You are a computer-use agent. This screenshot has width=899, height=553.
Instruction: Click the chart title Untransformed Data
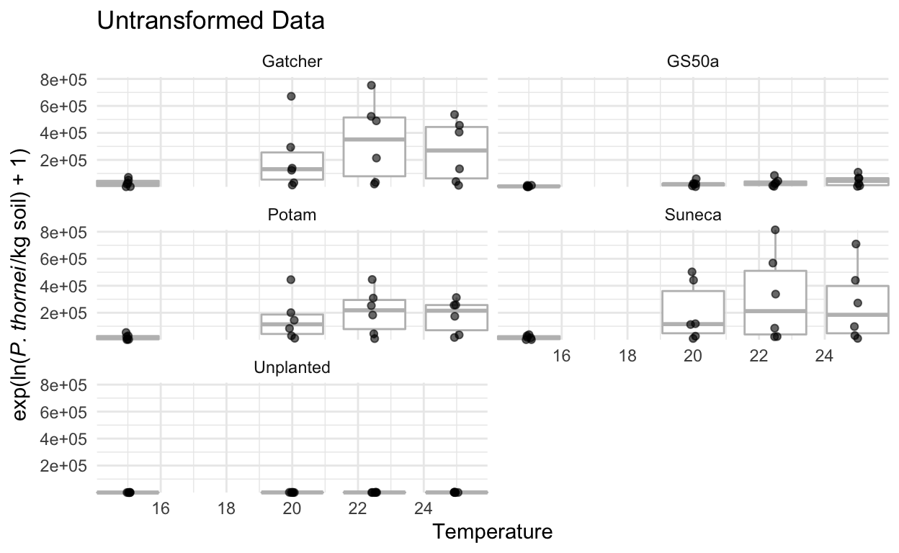(x=210, y=22)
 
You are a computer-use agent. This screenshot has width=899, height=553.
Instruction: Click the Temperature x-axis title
(x=493, y=532)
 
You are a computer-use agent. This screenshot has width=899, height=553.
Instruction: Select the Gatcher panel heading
(x=291, y=62)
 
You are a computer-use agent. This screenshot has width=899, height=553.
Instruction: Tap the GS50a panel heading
(x=693, y=62)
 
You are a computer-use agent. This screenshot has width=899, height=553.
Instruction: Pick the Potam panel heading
(x=291, y=215)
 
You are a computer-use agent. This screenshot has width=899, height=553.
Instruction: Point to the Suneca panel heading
(x=693, y=215)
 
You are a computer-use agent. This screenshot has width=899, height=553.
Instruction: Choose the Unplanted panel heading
(x=291, y=367)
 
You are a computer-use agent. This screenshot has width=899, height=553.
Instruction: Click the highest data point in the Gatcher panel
(x=372, y=86)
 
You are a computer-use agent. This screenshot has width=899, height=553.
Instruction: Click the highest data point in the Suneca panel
(x=775, y=230)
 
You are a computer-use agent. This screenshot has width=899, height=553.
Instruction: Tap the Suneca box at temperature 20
(x=693, y=312)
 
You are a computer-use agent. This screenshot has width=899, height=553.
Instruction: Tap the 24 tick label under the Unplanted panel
(x=423, y=508)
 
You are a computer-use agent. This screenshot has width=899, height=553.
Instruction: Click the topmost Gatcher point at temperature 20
(x=291, y=96)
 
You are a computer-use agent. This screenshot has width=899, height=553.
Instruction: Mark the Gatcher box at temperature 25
(x=457, y=152)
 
